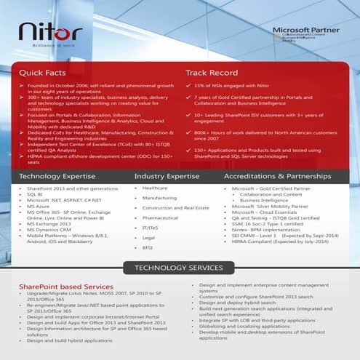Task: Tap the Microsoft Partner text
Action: [297, 30]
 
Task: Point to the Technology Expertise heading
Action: [57, 176]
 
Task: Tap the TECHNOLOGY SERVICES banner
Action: [180, 269]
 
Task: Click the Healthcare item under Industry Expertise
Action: [155, 188]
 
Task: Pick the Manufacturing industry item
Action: [159, 198]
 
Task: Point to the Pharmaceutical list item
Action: [161, 217]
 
